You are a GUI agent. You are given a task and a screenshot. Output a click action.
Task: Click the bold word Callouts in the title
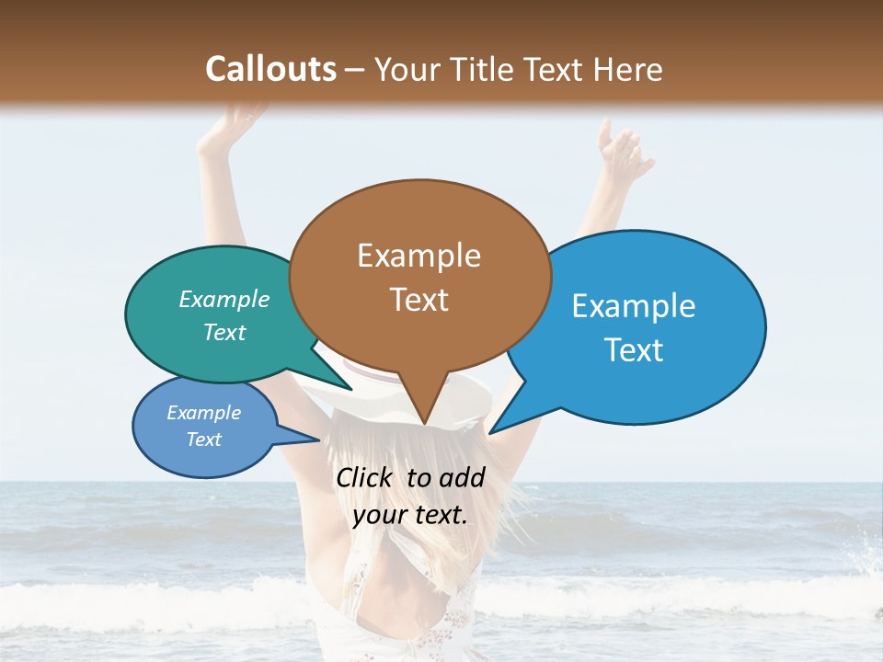pyautogui.click(x=270, y=69)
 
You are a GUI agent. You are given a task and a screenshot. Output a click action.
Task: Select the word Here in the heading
pyautogui.click(x=627, y=69)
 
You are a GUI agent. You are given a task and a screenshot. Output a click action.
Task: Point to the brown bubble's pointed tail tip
pyautogui.click(x=424, y=424)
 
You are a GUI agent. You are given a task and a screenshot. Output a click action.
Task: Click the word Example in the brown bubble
pyautogui.click(x=419, y=256)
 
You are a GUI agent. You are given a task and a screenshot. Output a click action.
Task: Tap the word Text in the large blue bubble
pyautogui.click(x=634, y=349)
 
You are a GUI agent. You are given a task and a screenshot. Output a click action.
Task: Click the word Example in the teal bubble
pyautogui.click(x=224, y=299)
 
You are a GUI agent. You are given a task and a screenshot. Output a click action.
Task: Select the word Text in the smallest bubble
pyautogui.click(x=203, y=439)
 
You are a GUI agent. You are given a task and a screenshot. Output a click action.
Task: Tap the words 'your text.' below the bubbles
pyautogui.click(x=409, y=515)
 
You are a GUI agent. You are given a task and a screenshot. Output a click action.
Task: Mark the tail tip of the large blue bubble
pyautogui.click(x=489, y=432)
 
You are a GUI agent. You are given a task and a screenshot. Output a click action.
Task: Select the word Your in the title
pyautogui.click(x=408, y=69)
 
